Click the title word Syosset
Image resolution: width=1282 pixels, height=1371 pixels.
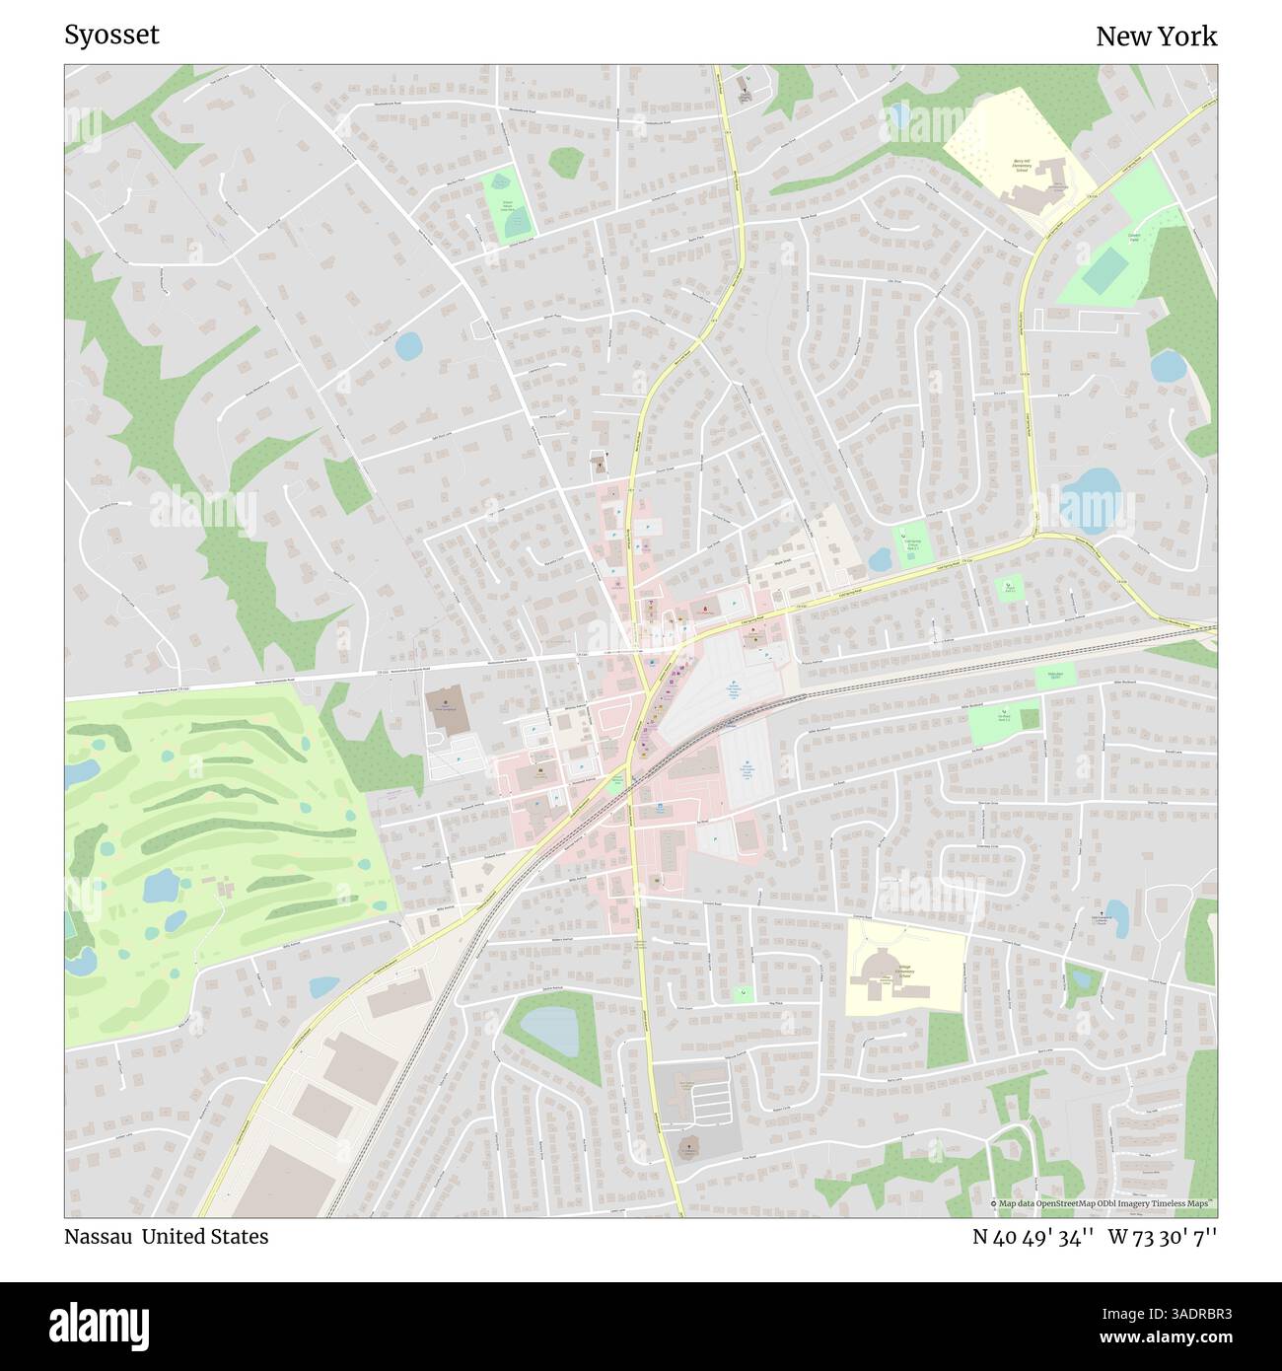(111, 36)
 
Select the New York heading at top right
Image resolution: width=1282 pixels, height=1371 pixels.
(1156, 36)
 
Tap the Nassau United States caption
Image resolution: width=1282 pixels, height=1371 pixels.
(166, 1236)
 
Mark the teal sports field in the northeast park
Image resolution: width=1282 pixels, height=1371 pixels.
(1104, 268)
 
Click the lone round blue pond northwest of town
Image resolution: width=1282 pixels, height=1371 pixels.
(407, 346)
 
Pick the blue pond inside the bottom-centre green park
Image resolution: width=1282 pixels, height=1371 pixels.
(550, 1028)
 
